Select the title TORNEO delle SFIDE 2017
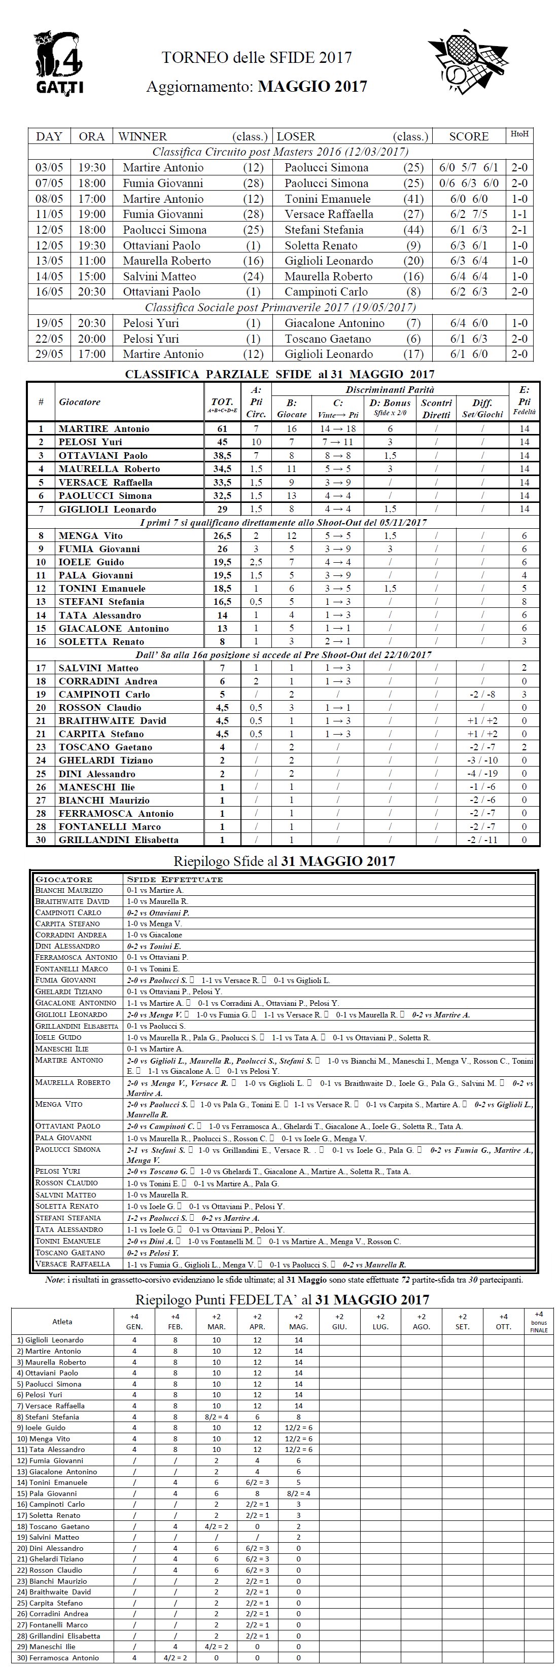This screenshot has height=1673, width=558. (257, 58)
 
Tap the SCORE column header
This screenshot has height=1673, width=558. (468, 136)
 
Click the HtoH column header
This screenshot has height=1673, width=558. (519, 134)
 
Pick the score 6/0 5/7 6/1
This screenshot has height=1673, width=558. (468, 168)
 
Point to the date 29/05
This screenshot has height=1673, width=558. (49, 354)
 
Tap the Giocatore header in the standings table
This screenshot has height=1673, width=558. (80, 402)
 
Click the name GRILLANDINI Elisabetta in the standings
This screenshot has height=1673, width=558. (118, 840)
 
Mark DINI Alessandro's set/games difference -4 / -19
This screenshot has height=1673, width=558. (482, 774)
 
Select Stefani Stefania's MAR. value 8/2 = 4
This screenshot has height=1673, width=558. (216, 1417)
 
